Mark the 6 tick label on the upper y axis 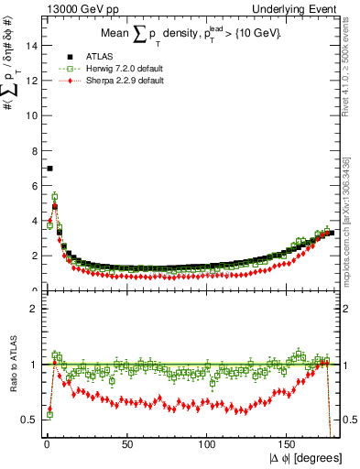tap(33, 186)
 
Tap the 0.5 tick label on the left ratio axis tap(28, 420)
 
